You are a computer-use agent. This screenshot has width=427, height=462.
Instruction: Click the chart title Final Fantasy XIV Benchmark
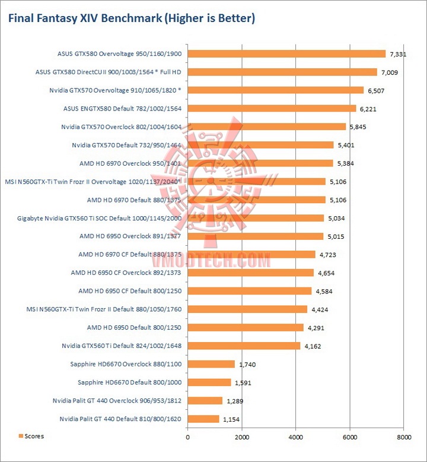coord(131,18)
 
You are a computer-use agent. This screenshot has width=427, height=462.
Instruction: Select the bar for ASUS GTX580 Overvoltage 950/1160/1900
coord(286,53)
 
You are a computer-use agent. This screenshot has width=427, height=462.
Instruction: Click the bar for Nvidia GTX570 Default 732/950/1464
coord(261,145)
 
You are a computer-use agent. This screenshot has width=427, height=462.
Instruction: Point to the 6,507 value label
coord(376,90)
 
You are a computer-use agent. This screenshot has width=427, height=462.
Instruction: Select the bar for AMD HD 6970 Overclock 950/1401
coord(260,163)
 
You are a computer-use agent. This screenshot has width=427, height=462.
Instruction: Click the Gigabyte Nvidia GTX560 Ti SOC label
coord(99,218)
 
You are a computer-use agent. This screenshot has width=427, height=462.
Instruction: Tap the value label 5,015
coord(336,236)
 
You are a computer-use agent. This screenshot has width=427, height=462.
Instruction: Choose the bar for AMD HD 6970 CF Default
coord(251,254)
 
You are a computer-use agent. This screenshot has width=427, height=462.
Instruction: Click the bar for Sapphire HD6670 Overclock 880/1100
coord(211,364)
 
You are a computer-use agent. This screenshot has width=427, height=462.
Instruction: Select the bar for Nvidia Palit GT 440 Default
coord(203,419)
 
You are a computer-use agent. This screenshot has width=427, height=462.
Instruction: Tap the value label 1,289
coord(234,401)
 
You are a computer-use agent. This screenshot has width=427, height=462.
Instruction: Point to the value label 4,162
coord(313,346)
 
